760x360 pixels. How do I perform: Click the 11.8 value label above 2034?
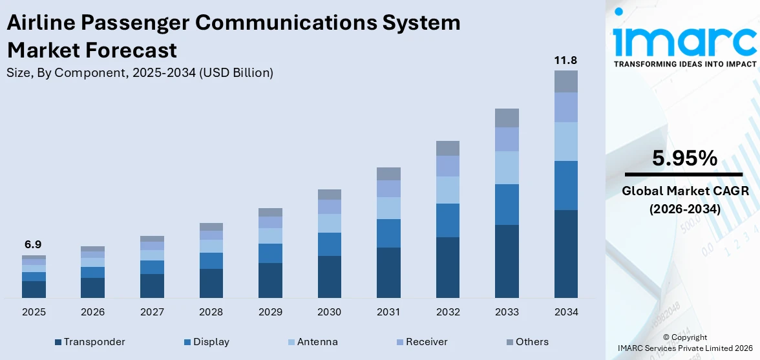pyautogui.click(x=565, y=61)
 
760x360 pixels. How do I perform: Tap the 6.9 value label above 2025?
pyautogui.click(x=34, y=245)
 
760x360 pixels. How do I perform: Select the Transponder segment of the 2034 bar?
pyautogui.click(x=565, y=253)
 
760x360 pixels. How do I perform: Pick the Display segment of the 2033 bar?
pyautogui.click(x=507, y=204)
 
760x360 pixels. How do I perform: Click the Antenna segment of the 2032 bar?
pyautogui.click(x=447, y=190)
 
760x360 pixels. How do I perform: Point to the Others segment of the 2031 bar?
pyautogui.click(x=388, y=173)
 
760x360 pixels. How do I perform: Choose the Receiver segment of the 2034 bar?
pyautogui.click(x=565, y=107)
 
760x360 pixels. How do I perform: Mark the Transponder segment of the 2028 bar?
pyautogui.click(x=211, y=283)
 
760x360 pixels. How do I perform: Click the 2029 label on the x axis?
pyautogui.click(x=270, y=312)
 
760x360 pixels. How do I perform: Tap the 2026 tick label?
pyautogui.click(x=93, y=312)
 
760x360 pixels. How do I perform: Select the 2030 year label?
pyautogui.click(x=330, y=312)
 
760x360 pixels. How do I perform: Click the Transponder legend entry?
pyautogui.click(x=90, y=342)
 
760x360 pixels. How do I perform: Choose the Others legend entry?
pyautogui.click(x=527, y=342)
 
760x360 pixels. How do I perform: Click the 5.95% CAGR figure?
pyautogui.click(x=684, y=158)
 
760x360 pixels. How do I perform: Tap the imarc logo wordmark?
pyautogui.click(x=684, y=41)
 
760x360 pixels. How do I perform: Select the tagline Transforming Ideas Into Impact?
pyautogui.click(x=684, y=65)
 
